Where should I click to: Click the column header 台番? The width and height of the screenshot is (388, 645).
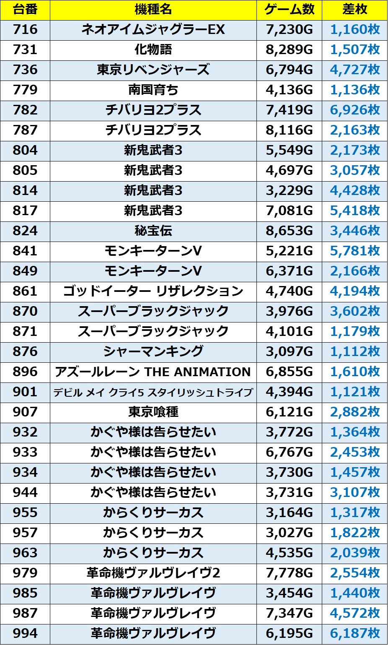25,10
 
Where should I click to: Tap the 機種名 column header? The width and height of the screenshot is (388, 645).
153,10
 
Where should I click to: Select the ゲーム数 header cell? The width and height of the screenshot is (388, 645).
289,10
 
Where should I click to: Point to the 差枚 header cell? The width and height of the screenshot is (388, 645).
354,10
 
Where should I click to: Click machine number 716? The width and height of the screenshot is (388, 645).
25,30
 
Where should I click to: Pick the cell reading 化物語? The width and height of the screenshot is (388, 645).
153,50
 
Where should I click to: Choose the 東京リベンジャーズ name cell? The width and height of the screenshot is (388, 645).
153,70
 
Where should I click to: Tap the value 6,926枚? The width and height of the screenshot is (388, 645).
354,110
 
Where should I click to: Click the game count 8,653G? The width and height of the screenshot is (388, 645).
289,231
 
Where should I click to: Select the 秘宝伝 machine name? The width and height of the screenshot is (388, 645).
153,231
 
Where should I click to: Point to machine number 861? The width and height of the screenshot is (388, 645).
25,291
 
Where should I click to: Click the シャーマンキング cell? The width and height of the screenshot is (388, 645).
153,352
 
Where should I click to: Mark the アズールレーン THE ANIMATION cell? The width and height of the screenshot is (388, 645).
153,372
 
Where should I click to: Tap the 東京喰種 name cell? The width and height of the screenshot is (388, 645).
153,412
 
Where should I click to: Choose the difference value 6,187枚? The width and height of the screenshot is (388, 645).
354,634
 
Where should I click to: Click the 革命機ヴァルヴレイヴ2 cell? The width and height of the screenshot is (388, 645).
153,573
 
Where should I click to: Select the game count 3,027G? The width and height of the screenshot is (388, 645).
289,533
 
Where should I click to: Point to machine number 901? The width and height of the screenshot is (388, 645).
25,392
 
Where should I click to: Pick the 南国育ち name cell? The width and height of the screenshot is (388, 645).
153,90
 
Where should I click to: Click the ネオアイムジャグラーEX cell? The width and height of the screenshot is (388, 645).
153,30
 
